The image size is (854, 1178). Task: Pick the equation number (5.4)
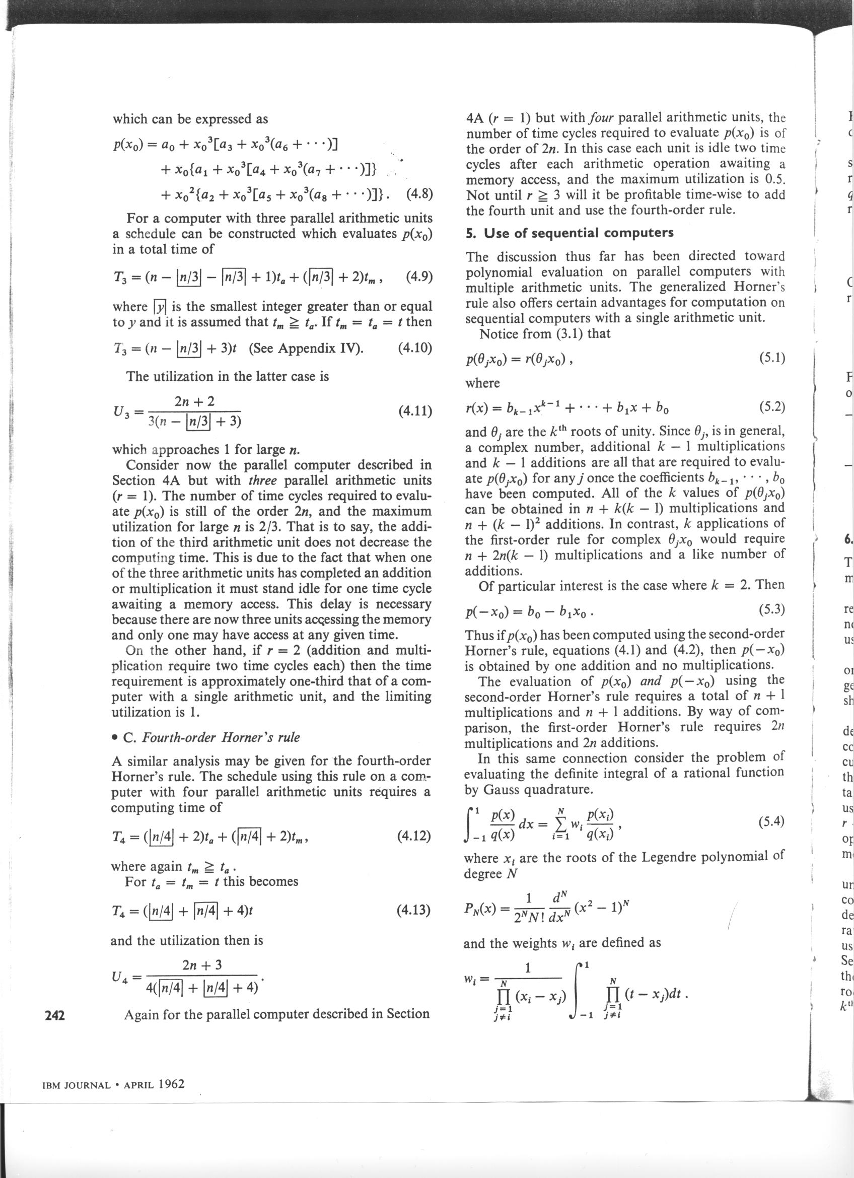pos(770,821)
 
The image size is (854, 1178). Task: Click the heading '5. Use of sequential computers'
pos(570,233)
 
